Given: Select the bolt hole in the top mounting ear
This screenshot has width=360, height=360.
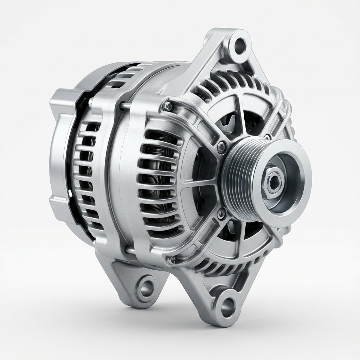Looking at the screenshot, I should coord(240,45).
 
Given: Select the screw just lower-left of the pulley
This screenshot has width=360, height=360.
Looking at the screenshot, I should coord(221,212).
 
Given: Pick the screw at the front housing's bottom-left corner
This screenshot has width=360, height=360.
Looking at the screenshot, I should coord(171,260).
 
